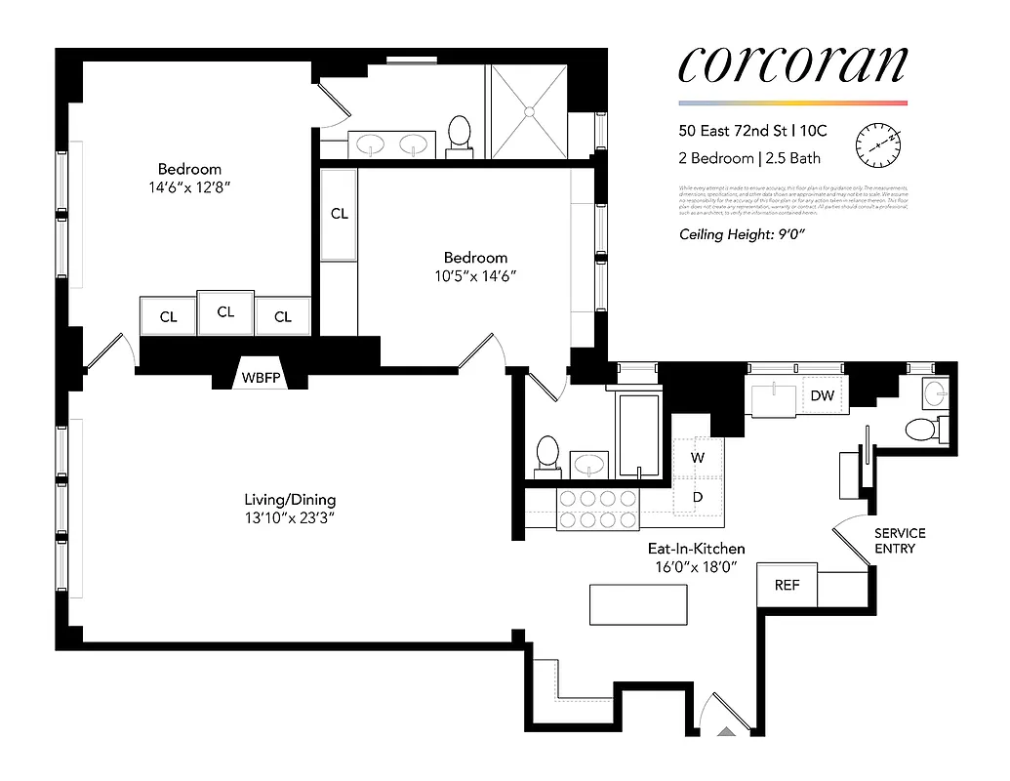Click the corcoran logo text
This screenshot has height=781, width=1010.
(x=791, y=65)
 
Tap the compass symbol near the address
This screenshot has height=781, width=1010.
(x=877, y=145)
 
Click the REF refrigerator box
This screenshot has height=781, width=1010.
(x=787, y=586)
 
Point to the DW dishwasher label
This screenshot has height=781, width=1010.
(x=822, y=395)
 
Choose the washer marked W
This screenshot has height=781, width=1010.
(x=698, y=457)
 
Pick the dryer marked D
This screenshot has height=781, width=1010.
(x=698, y=496)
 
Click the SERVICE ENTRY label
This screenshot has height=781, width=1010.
(x=899, y=541)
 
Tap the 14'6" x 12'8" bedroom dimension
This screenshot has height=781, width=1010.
(x=189, y=185)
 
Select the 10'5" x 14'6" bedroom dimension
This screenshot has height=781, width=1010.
(x=475, y=275)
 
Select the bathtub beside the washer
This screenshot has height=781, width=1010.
(x=639, y=435)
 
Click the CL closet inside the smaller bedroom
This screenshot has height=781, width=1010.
(x=339, y=215)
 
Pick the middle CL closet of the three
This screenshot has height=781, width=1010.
(x=225, y=312)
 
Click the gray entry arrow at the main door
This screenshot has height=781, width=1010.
(x=727, y=730)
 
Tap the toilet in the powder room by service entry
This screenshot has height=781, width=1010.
(x=920, y=429)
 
